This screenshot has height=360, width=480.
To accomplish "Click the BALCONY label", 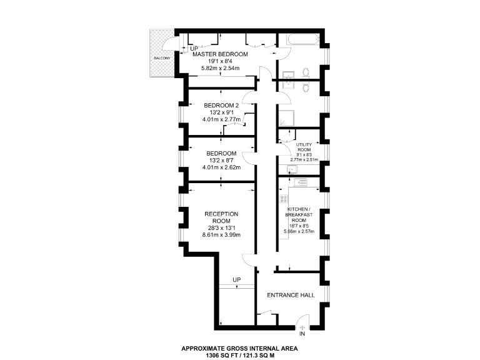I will coord(161,58).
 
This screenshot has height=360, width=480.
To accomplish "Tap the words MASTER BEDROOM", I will coord(220,54).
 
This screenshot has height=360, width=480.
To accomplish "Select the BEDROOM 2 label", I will coord(222,105).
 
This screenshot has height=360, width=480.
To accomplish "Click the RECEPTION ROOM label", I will coord(221,217).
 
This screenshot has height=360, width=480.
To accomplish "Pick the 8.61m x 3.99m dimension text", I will coord(221,234).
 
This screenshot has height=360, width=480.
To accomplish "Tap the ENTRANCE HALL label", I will coord(291,295).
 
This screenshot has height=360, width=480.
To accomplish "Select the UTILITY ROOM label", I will coord(304,147).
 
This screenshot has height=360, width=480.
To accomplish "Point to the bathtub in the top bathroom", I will coord(299,40).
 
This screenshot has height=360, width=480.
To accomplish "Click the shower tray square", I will coord(287,116).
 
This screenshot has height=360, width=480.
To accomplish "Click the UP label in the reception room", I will coord(236,279).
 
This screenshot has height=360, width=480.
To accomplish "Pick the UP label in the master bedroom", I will coord(194,48).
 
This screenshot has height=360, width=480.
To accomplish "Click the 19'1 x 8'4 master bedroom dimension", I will coord(220,62).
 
